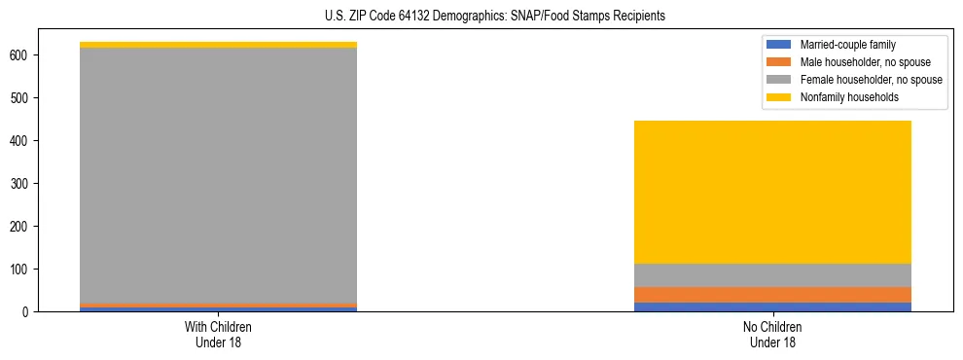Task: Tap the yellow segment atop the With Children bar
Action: [218, 45]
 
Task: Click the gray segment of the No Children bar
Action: [772, 275]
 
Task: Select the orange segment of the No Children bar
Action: [772, 295]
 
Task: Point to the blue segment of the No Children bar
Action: [772, 306]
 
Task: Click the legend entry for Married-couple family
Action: [847, 45]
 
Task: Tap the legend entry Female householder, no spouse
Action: [871, 80]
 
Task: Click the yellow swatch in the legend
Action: [779, 97]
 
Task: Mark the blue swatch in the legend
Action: [779, 45]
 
